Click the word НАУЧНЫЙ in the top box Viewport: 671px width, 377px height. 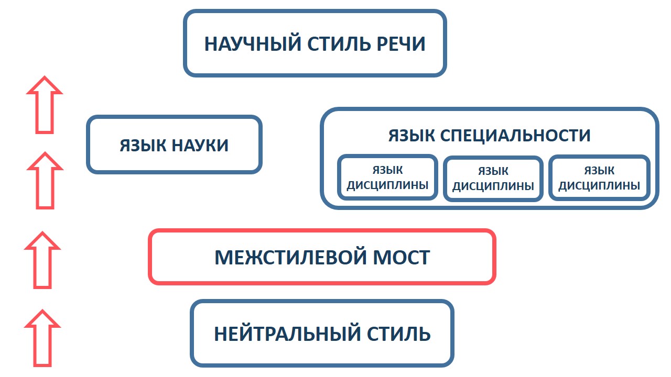[x=253, y=44]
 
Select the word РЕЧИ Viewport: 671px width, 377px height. [x=401, y=44]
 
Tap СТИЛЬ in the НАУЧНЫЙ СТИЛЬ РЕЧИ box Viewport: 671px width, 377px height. [x=339, y=44]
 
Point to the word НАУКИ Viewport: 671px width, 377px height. [x=200, y=146]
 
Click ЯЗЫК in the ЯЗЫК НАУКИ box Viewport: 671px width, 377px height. [x=143, y=146]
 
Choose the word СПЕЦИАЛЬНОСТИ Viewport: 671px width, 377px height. [x=515, y=135]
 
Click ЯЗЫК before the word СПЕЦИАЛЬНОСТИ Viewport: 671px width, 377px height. [x=412, y=135]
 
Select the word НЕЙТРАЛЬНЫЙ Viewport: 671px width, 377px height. [x=287, y=334]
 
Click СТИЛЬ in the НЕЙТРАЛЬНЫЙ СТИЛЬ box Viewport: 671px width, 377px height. [x=399, y=334]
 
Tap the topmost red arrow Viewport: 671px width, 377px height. [x=45, y=105]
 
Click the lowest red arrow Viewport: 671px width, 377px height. [x=42, y=338]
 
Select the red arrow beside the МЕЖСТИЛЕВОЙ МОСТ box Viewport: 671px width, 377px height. [x=42, y=260]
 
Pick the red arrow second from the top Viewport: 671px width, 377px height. [x=45, y=181]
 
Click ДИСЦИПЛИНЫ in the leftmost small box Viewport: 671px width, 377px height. [x=387, y=185]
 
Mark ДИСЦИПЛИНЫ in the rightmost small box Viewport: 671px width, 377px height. [x=599, y=186]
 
